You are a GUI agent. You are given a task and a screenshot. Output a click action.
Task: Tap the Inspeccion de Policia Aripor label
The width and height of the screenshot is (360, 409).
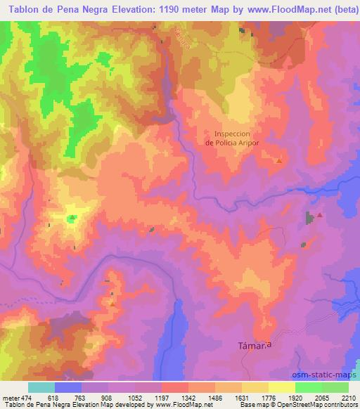[x=232, y=137]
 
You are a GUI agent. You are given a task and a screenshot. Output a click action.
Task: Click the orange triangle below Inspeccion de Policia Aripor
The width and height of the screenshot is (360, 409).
[x=279, y=161]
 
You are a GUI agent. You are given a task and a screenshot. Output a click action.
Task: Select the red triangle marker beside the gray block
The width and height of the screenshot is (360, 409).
[x=320, y=215]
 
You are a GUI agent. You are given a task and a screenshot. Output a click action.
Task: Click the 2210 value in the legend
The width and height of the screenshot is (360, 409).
[x=348, y=397]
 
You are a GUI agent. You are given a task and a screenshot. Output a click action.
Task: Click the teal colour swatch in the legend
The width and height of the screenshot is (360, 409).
[x=41, y=387]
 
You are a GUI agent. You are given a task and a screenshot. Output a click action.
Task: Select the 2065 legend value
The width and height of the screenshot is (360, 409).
[x=321, y=397]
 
